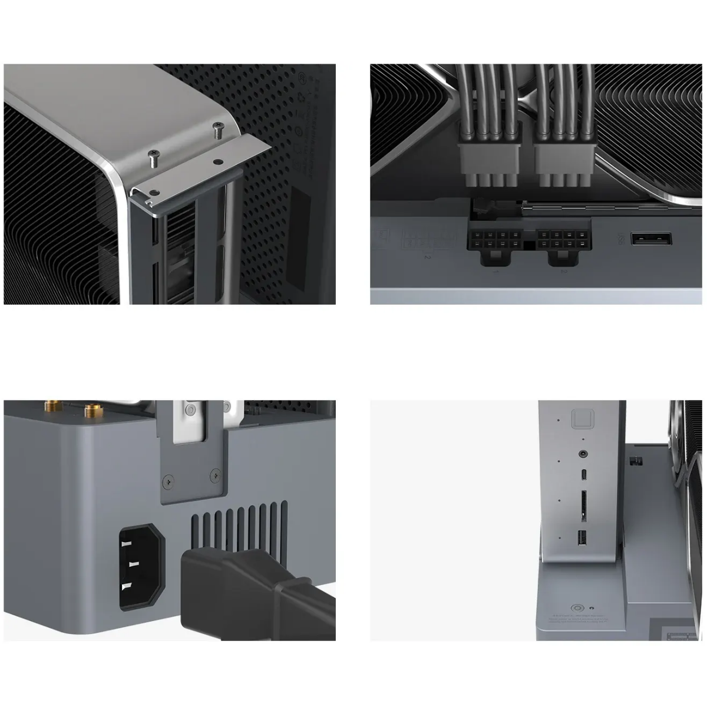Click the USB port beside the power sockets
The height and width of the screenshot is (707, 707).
pos(652,239)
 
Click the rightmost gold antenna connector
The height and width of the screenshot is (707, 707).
pos(92,408)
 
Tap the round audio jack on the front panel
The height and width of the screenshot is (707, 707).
pos(583,454)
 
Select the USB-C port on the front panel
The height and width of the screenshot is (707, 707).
pos(583,475)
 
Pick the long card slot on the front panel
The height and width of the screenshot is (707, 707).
pos(583,504)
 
